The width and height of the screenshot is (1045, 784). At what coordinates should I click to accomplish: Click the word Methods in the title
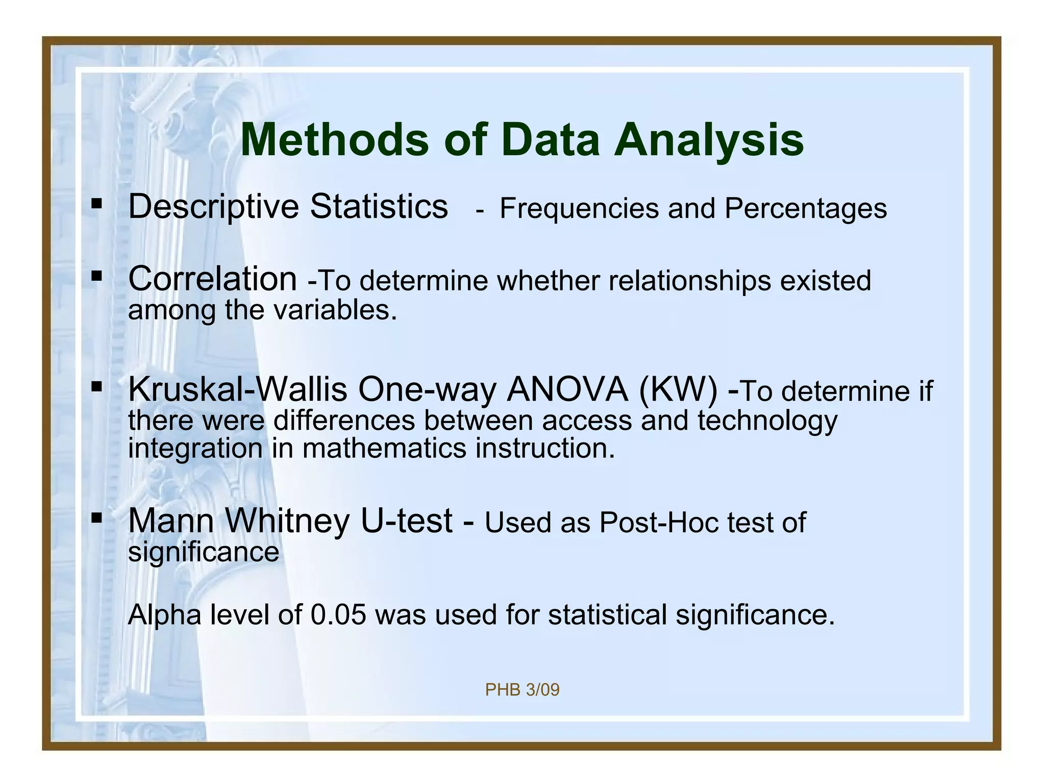tap(335, 140)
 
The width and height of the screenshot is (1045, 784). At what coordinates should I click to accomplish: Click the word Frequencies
tap(579, 209)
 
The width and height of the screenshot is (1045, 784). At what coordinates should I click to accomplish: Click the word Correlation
tap(212, 279)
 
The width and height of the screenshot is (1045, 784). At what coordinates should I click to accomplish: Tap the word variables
tap(334, 310)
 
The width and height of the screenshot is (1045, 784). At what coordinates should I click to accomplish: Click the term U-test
tap(406, 521)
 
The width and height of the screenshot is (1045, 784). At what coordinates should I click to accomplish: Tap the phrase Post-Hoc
tap(659, 523)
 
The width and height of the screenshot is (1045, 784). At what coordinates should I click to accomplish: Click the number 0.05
tap(338, 615)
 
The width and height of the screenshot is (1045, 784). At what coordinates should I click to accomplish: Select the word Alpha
tap(165, 615)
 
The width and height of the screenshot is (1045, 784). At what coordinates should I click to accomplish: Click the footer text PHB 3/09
tap(522, 690)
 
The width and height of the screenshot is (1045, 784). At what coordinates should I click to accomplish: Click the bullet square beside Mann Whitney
tap(96, 518)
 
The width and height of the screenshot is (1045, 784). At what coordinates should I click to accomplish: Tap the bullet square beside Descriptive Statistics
tap(96, 204)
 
